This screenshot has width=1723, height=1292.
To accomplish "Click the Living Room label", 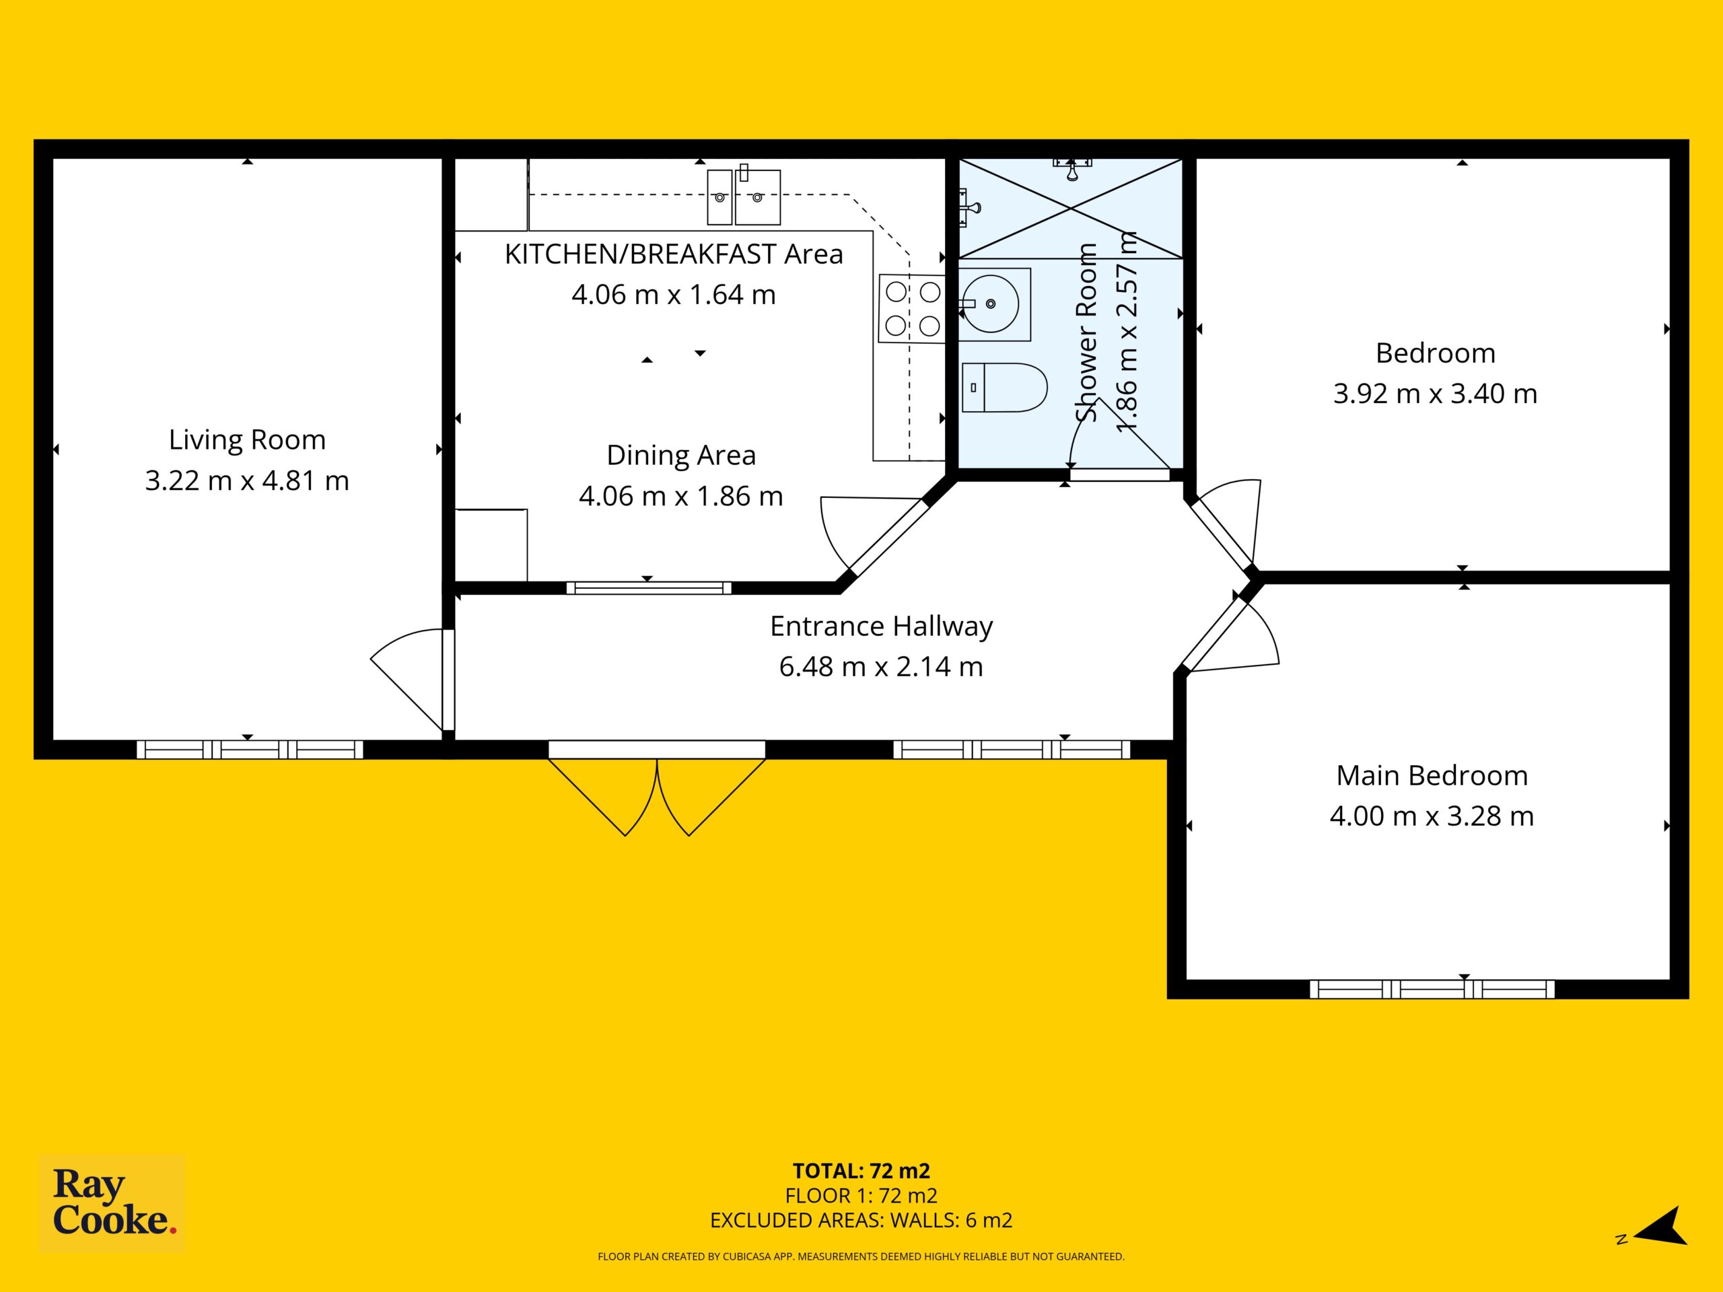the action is (247, 441).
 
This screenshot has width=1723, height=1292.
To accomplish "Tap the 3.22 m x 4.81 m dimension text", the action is (247, 480).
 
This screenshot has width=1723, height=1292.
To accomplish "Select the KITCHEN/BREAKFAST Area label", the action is (674, 254).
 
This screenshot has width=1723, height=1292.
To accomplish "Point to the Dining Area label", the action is (681, 456).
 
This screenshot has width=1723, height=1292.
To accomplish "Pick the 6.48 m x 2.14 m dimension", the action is (881, 667).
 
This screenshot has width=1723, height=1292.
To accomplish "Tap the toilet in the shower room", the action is (1004, 387).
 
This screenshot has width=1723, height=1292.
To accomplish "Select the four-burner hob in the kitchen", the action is (912, 308).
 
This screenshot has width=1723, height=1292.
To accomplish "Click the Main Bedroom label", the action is (1432, 776).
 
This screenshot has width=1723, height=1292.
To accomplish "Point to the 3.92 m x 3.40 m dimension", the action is (1435, 394).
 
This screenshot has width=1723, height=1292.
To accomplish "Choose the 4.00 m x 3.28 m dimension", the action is (1432, 816).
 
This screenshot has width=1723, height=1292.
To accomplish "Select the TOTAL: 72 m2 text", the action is (861, 1170).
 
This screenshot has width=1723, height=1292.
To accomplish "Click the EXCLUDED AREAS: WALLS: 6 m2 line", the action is (861, 1221).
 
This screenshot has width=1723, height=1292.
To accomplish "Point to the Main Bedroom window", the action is (1432, 989).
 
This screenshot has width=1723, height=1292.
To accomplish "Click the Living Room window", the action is (250, 749).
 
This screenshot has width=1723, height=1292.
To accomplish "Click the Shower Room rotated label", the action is (1086, 332).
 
